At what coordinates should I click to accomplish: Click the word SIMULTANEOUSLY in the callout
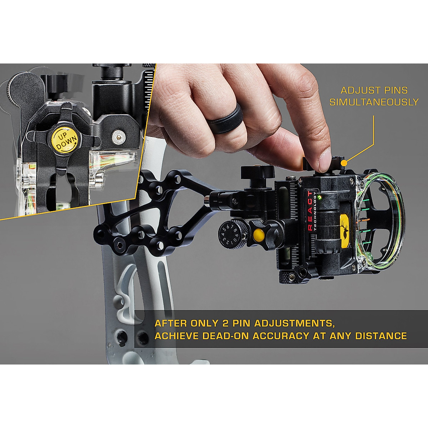pyautogui.click(x=374, y=102)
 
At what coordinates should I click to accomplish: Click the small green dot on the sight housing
pyautogui.click(x=321, y=197)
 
